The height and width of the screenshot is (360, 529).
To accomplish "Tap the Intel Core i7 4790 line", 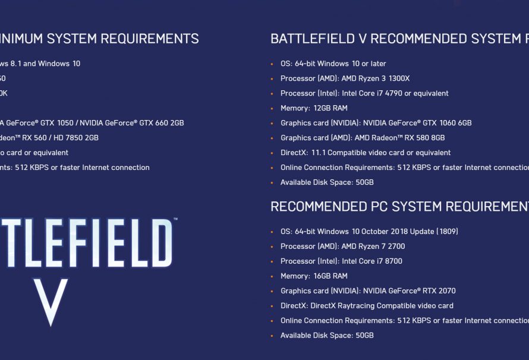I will tap(364, 93).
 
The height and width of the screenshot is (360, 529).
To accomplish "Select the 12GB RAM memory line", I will tap(314, 108).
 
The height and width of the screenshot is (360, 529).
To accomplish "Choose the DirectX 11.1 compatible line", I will tap(366, 153).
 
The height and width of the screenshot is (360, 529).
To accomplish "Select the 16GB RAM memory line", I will tap(314, 276).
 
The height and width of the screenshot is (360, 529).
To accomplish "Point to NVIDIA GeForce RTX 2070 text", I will tap(410, 290).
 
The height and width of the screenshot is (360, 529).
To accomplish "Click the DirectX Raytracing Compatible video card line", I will tap(367, 305).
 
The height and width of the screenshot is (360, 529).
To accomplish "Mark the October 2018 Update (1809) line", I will tap(369, 231).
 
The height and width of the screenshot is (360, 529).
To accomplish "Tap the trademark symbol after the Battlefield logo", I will tap(175, 220).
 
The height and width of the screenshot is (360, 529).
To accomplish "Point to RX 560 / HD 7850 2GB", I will tap(59, 138).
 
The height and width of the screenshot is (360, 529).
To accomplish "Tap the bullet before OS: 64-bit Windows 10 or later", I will tap(273, 64).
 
